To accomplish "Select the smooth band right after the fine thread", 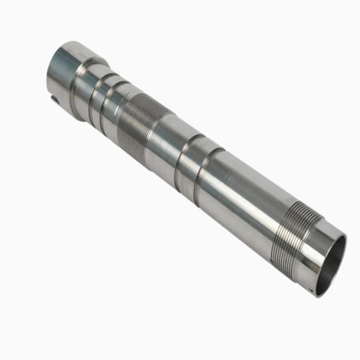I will [164, 144].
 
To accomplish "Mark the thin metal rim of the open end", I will [343, 245].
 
